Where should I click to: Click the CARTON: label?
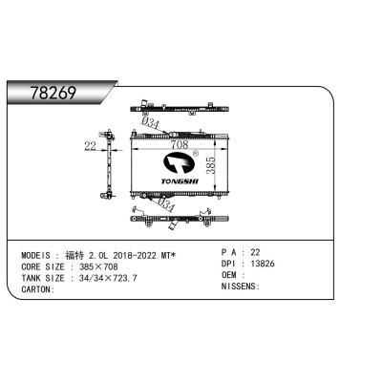coord(39,290)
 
